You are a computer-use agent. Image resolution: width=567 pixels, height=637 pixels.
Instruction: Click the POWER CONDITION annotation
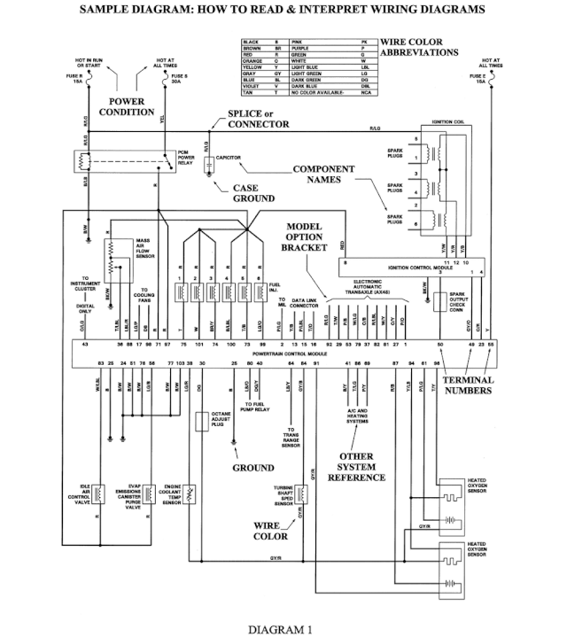127,107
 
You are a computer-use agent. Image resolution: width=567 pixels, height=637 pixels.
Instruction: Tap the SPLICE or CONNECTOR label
258,119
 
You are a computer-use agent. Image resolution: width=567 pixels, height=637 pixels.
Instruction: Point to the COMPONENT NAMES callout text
323,174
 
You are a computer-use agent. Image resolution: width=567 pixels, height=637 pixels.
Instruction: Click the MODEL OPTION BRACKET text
310,237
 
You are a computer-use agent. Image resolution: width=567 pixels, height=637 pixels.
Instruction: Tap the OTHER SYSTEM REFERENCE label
356,467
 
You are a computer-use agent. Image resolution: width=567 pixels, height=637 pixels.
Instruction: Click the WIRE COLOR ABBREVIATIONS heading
419,48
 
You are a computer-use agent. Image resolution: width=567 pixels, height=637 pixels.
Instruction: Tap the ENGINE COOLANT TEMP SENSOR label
171,494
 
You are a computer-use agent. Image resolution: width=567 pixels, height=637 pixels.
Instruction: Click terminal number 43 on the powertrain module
85,343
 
